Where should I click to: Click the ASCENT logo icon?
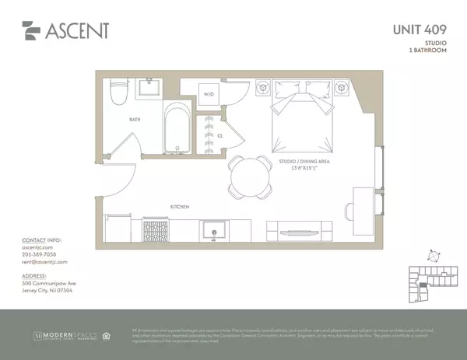pos(30,31)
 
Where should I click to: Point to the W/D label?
pos(209,95)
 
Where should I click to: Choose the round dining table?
pos(249,177)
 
